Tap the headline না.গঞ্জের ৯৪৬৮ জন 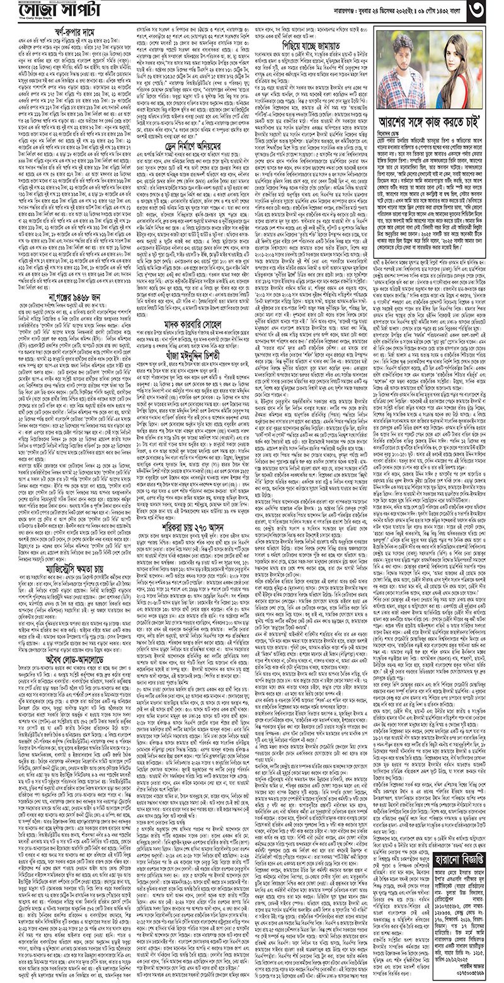tap(66, 311)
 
